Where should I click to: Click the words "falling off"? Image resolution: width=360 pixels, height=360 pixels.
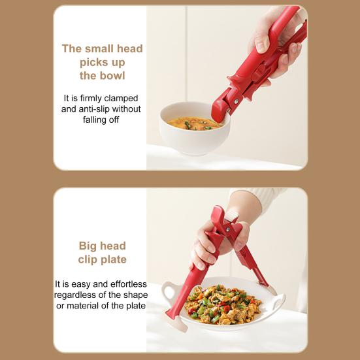101,120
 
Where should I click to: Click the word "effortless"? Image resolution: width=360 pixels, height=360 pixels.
129,284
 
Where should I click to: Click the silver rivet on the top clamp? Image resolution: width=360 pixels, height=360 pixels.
236,101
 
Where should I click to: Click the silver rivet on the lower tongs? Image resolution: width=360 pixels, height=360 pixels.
228,229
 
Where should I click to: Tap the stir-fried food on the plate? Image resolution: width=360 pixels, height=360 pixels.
224,304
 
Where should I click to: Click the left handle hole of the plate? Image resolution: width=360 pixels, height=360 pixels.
170,293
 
